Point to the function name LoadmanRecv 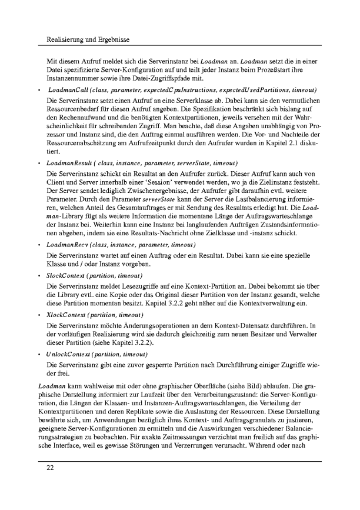68,244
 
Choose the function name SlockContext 68,275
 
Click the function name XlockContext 68,315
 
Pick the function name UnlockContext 69,355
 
